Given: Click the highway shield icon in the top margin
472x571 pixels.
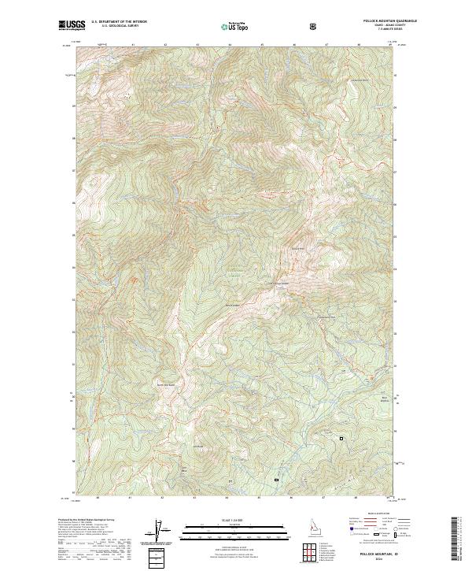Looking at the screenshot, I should pyautogui.click(x=313, y=26).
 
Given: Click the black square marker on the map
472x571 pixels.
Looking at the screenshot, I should pyautogui.click(x=341, y=438).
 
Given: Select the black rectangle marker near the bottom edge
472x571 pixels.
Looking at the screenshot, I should pyautogui.click(x=276, y=479).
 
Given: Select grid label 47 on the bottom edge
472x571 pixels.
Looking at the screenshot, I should pyautogui.click(x=325, y=498).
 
